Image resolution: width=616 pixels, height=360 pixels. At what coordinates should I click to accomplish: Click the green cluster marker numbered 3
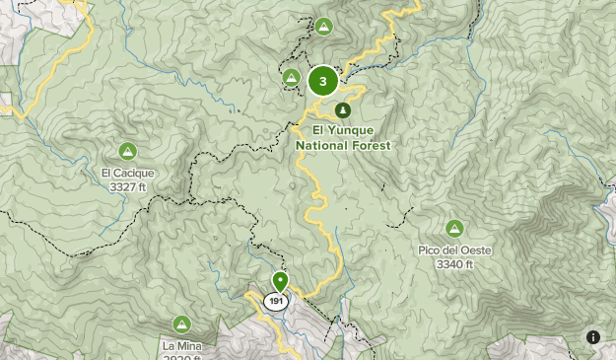323,81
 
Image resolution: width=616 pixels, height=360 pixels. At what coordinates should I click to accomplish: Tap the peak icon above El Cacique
127,151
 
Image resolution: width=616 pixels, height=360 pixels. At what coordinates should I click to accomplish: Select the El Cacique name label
128,174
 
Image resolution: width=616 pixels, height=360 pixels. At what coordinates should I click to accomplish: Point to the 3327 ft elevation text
128,185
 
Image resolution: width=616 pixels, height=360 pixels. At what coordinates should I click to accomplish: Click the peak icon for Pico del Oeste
454,228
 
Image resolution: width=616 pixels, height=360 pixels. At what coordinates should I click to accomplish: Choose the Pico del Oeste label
454,251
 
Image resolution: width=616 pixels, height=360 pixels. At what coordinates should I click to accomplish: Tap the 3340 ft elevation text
454,263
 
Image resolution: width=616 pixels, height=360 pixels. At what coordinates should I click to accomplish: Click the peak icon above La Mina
181,324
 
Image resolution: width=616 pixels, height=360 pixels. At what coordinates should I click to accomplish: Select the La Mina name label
181,346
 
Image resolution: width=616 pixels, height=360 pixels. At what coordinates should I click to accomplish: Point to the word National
323,145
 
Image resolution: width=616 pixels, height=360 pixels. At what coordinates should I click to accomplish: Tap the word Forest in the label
373,145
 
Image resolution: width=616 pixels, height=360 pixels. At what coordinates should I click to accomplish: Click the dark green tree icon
342,109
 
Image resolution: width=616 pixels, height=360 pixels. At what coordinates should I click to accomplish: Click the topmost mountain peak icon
323,27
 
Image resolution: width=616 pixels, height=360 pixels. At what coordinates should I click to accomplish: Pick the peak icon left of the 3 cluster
291,77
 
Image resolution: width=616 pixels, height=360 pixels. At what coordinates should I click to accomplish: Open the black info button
593,337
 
